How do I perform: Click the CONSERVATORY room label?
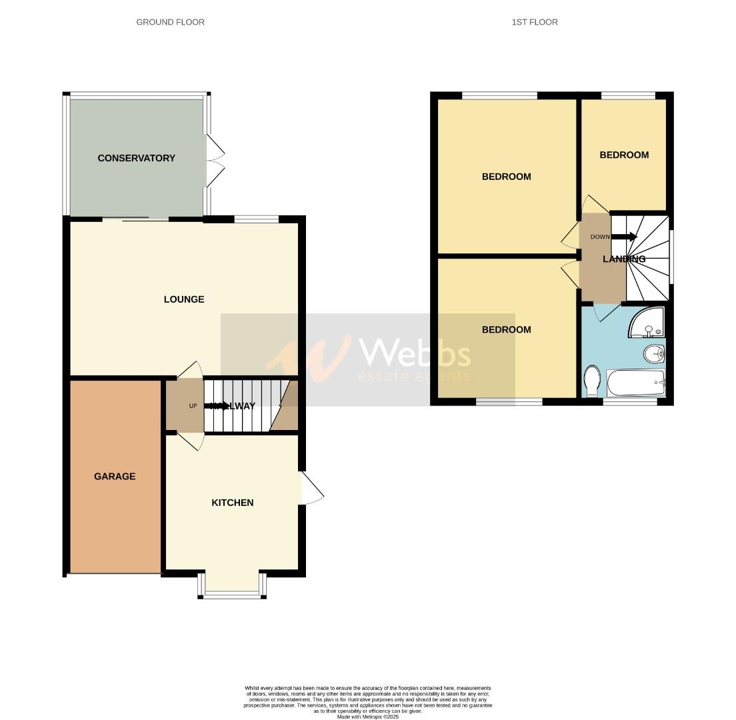[x=136, y=158]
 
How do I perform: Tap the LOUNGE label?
[x=184, y=299]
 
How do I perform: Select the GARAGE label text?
[x=115, y=477]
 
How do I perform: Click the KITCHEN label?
[x=232, y=503]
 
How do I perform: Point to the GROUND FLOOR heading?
[x=170, y=22]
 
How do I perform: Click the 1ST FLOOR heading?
[x=534, y=22]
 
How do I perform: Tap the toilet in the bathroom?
[x=591, y=381]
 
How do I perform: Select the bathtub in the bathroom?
[x=635, y=383]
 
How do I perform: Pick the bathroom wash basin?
[x=653, y=353]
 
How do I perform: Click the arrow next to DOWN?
[x=625, y=237]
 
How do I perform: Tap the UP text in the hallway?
[x=193, y=406]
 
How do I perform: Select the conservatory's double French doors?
[x=215, y=160]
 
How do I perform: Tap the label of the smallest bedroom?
[x=624, y=155]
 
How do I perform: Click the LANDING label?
[x=624, y=259]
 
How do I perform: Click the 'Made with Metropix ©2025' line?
[x=367, y=717]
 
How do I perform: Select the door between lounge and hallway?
[x=189, y=370]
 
